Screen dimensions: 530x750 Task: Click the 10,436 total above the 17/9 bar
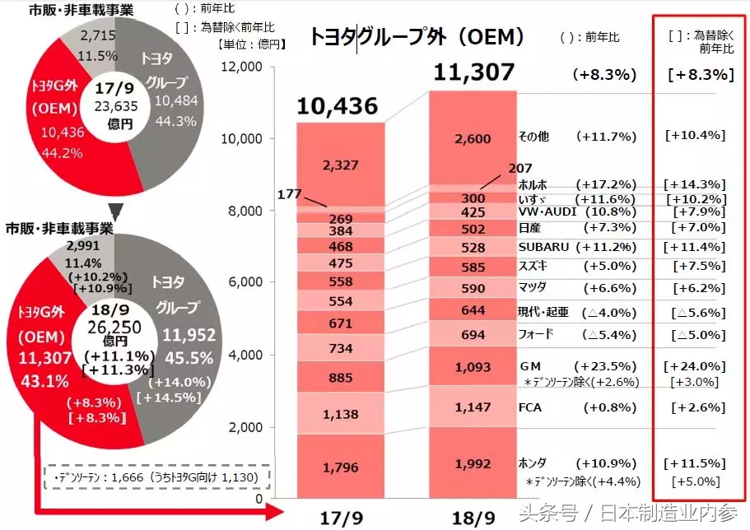click(338, 106)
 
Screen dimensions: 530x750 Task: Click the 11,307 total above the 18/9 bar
click(474, 72)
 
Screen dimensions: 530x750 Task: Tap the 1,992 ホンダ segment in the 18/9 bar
click(473, 463)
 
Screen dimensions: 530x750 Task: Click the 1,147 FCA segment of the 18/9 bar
click(473, 407)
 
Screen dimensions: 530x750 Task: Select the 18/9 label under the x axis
click(474, 516)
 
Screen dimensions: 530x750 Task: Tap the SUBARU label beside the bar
click(543, 247)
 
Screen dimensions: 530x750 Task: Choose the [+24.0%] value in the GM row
click(696, 366)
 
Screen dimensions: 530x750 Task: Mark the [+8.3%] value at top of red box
click(699, 74)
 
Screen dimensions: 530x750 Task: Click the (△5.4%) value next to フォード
click(608, 335)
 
